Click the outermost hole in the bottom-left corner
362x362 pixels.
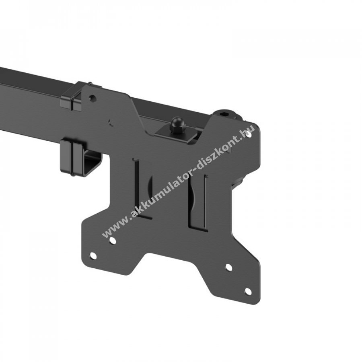click(93, 255)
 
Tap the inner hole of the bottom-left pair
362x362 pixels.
click(113, 241)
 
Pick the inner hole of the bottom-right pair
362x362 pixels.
click(228, 267)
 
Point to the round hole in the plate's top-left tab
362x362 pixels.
click(93, 98)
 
